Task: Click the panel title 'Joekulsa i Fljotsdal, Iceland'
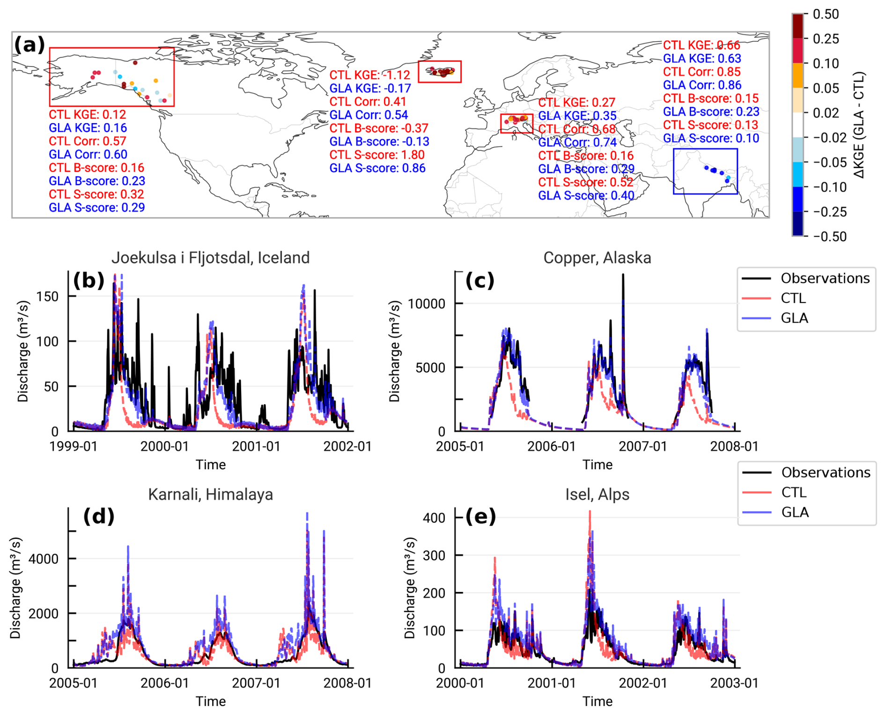(210, 258)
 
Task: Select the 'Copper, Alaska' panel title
(597, 258)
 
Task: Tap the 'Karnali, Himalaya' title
(210, 494)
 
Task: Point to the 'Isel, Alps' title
(597, 494)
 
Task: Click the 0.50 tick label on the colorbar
(826, 15)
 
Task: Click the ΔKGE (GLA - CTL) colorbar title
(858, 125)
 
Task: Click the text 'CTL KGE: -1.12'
(369, 75)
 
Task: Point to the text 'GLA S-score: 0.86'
(377, 168)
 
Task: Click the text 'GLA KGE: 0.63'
(702, 59)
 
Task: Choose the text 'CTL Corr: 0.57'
(88, 141)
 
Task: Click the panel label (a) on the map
(30, 45)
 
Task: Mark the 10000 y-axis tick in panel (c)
(426, 304)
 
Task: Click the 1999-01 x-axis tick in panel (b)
(74, 446)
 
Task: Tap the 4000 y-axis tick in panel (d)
(44, 559)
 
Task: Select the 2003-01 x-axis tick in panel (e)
(734, 683)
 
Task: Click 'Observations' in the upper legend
(825, 279)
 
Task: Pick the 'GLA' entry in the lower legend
(795, 512)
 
